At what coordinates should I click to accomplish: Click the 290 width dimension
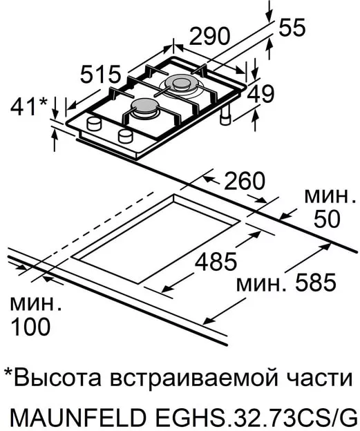(x=209, y=36)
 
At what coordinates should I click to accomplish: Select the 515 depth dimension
(x=101, y=74)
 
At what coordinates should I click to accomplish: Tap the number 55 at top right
(x=292, y=28)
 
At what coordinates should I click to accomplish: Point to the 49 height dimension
(x=260, y=93)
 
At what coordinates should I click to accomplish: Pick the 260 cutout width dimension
(x=245, y=181)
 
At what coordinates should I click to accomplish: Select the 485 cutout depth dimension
(x=216, y=261)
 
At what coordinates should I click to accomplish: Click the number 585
(x=316, y=282)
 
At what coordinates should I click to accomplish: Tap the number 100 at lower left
(x=30, y=327)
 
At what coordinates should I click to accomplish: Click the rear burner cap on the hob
(x=180, y=82)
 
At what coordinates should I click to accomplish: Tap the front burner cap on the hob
(x=145, y=106)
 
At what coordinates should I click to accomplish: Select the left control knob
(x=94, y=123)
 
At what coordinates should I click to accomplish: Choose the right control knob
(x=126, y=135)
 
